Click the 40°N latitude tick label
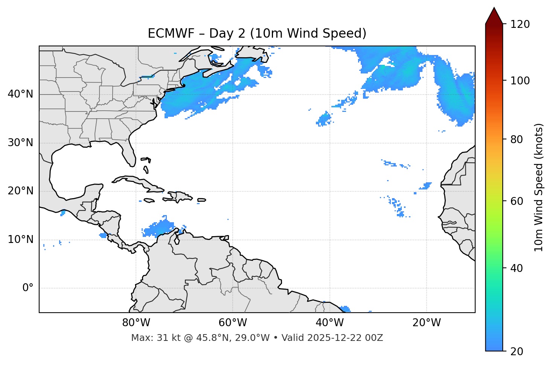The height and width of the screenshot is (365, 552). point(20,94)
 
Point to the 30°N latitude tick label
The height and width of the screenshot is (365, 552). point(20,143)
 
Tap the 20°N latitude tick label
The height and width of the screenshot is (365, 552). point(20,191)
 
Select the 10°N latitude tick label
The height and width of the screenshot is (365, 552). point(20,240)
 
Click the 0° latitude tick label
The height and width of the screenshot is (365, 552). point(28,288)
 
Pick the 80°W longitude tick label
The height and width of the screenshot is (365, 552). point(136,323)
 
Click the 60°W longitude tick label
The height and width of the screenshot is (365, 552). point(233,323)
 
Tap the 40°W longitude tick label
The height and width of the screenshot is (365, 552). point(329,323)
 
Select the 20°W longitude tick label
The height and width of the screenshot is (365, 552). point(426,323)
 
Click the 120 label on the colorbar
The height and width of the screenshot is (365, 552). point(520,24)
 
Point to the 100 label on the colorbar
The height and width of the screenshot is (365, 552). point(520,81)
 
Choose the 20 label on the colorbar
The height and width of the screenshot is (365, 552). point(516,351)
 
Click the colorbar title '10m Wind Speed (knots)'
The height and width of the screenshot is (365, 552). point(539,187)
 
